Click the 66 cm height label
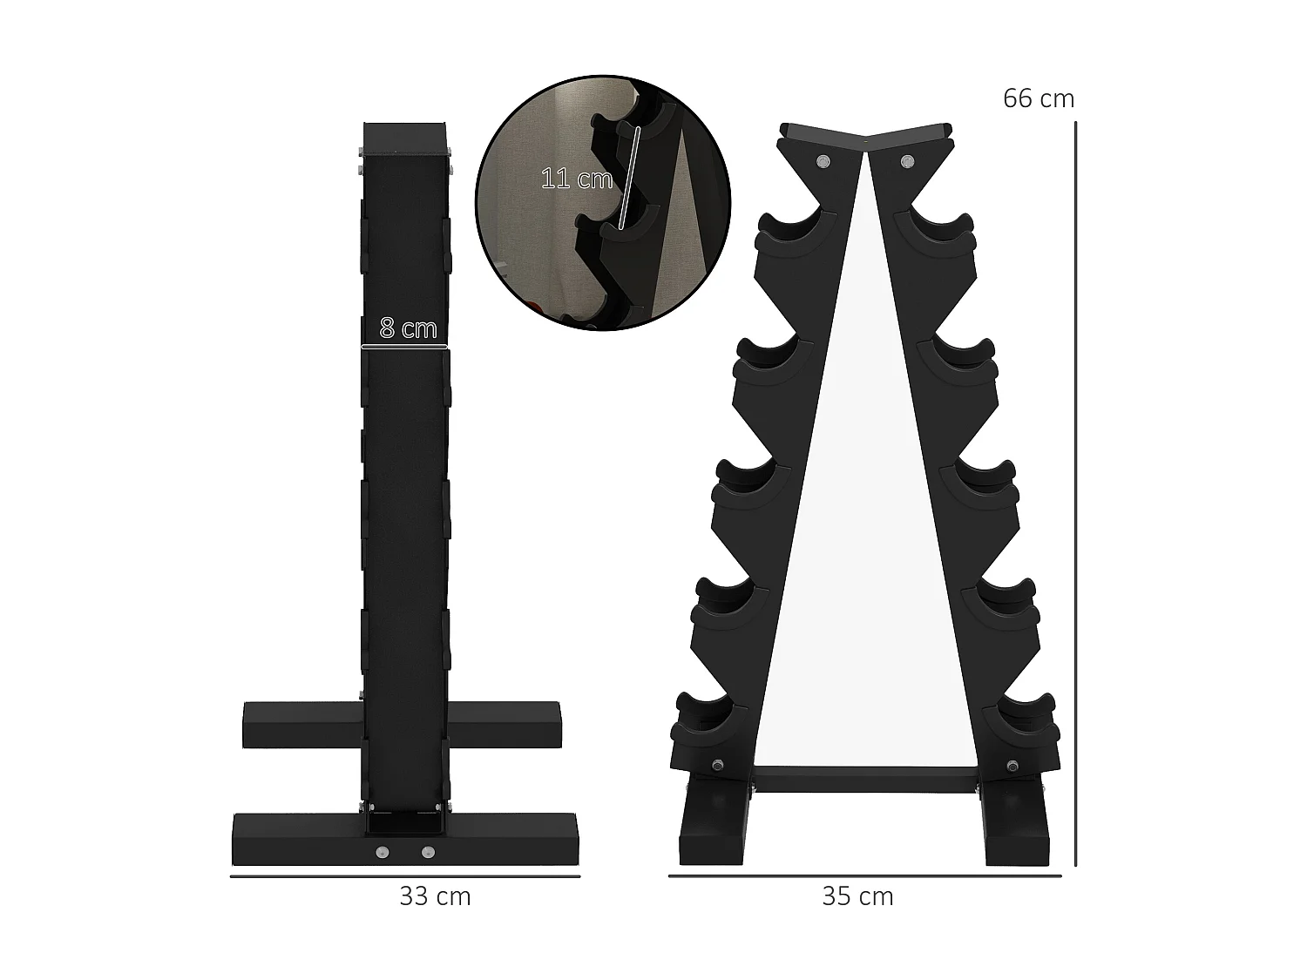pyautogui.click(x=1038, y=99)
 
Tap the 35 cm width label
pyautogui.click(x=857, y=896)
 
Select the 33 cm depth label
pyautogui.click(x=435, y=896)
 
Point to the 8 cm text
pyautogui.click(x=408, y=328)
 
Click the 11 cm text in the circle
pyautogui.click(x=576, y=179)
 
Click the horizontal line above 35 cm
pyautogui.click(x=864, y=875)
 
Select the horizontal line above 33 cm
pyautogui.click(x=405, y=875)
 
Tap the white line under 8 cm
pyautogui.click(x=404, y=347)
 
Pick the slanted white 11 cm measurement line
pyautogui.click(x=629, y=179)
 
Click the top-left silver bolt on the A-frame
pyautogui.click(x=823, y=161)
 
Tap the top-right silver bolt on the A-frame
pyautogui.click(x=908, y=161)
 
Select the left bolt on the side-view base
pyautogui.click(x=382, y=852)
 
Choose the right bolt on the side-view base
pyautogui.click(x=427, y=852)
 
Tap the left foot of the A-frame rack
pyautogui.click(x=712, y=823)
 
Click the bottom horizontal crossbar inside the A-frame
pyautogui.click(x=864, y=779)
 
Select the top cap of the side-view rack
pyautogui.click(x=406, y=137)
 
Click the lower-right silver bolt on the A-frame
pyautogui.click(x=1012, y=767)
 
